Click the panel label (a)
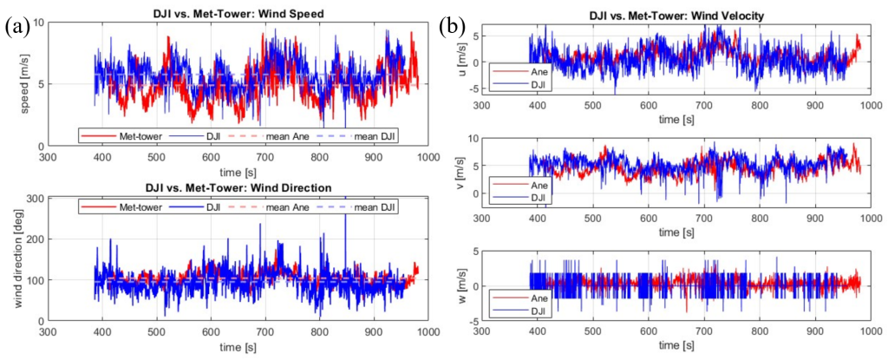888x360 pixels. coord(18,27)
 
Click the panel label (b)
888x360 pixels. coord(454,27)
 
